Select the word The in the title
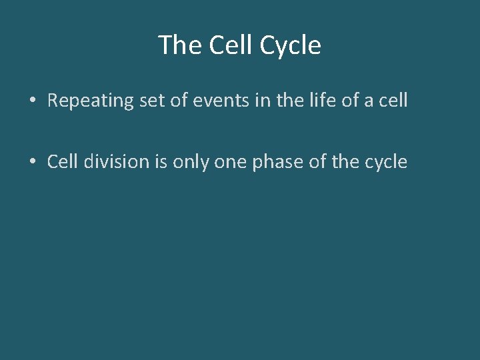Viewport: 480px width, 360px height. coord(179,45)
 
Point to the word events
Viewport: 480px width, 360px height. coord(213,101)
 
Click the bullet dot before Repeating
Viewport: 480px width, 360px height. coord(32,101)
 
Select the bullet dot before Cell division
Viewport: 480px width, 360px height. coord(32,162)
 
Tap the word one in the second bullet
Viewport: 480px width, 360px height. coord(233,161)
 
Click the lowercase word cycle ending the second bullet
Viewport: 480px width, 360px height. coord(385,161)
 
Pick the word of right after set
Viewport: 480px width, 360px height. coord(175,101)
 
